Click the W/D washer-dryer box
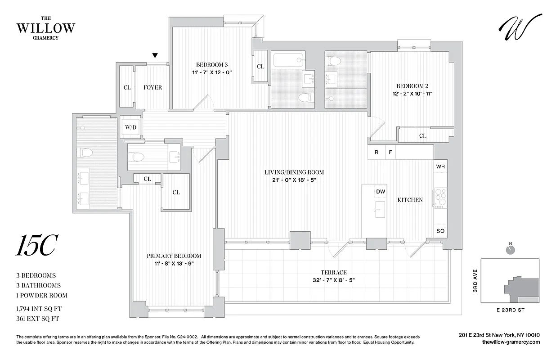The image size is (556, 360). tap(131, 127)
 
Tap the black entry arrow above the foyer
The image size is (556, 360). tap(155, 56)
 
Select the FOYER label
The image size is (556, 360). tap(152, 87)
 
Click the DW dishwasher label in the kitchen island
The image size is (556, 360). tap(381, 192)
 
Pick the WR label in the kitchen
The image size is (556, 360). tap(440, 166)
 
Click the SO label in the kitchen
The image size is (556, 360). tap(440, 231)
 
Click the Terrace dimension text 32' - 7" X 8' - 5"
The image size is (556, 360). tap(333, 280)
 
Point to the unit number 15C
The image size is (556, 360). tap(37, 246)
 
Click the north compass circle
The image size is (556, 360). tap(510, 250)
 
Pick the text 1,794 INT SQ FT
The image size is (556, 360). tap(38, 308)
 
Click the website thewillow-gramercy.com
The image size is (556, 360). tap(511, 342)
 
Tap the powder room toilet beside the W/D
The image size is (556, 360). tap(137, 157)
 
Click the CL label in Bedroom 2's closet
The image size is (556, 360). tap(422, 135)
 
